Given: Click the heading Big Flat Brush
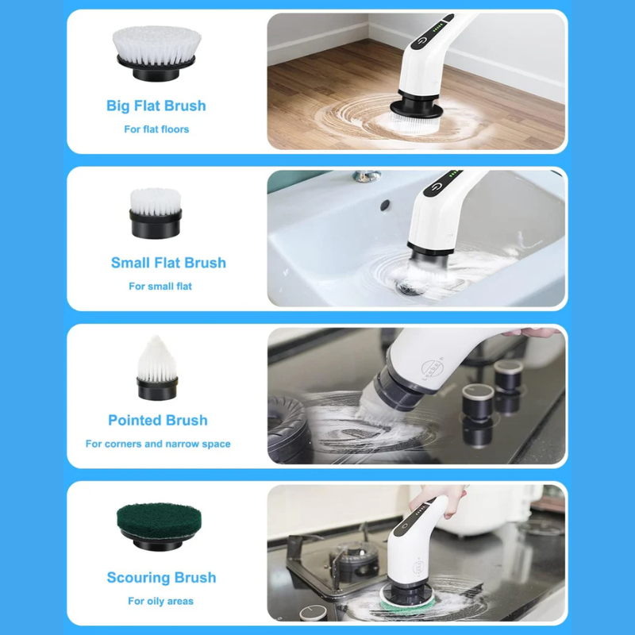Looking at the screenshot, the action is point(156,106).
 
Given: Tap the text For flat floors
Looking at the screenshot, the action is point(156,129).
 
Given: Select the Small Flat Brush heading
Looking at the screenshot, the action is point(168,263).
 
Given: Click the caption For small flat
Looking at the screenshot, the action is point(160,287).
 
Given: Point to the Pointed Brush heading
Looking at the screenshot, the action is point(158,421).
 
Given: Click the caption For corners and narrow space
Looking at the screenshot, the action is point(158,444).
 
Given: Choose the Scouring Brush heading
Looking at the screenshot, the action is point(162,578).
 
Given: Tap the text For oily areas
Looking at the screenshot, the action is point(161,601).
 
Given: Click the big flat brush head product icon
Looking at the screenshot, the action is point(156,53).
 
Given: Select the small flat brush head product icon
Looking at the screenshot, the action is point(156,214).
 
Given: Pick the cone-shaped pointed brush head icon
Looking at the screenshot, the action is point(157,368).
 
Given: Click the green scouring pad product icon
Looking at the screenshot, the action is point(159,527).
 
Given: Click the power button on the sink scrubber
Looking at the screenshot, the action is point(435,187).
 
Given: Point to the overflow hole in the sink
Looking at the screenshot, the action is point(385,206).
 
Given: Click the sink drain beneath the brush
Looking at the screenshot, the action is point(410,288).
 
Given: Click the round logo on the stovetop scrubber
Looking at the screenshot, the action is point(432,368).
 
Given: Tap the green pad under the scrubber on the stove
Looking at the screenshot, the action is point(407,602).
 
